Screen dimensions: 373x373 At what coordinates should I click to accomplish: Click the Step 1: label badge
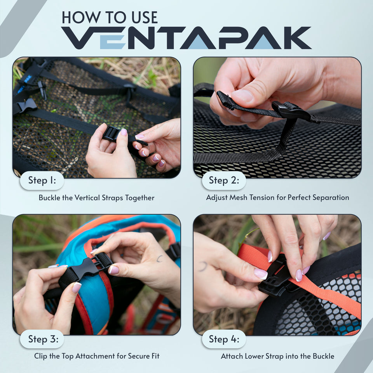pos(42,180)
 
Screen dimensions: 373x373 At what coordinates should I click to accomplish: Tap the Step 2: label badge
pos(223,180)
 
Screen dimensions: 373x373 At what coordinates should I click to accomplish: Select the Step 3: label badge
pos(42,339)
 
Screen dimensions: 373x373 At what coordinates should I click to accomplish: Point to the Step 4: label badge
pos(223,339)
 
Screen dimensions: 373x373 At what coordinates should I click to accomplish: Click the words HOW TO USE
pos(110,17)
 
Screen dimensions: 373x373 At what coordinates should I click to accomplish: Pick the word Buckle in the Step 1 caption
pos(49,198)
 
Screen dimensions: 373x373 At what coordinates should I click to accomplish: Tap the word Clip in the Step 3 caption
pos(40,356)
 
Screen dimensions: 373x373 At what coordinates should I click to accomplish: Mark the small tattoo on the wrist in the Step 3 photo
pos(159,258)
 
